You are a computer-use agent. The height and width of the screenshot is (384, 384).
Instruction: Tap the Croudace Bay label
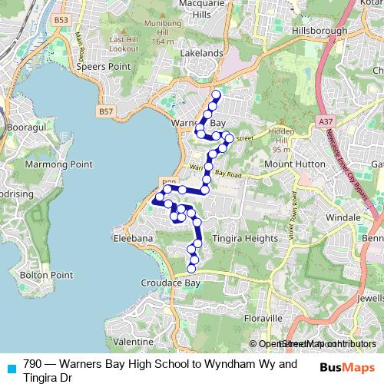pos(170,283)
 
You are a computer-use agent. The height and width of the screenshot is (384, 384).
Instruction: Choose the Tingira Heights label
pos(245,238)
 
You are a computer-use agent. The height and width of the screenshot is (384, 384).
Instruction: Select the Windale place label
pos(343,218)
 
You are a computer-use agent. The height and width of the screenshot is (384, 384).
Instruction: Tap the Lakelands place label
pos(200,54)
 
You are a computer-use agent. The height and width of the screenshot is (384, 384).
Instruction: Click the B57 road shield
pos(106,111)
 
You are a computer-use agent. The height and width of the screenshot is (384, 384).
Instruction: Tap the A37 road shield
pos(326,121)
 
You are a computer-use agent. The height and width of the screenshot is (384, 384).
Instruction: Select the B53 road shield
pos(62,19)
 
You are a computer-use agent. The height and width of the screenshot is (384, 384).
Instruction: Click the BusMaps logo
pos(347,367)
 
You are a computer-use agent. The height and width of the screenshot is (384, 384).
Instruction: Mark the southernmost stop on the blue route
pos(192,269)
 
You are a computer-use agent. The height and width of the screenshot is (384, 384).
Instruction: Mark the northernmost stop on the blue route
pos(216,95)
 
